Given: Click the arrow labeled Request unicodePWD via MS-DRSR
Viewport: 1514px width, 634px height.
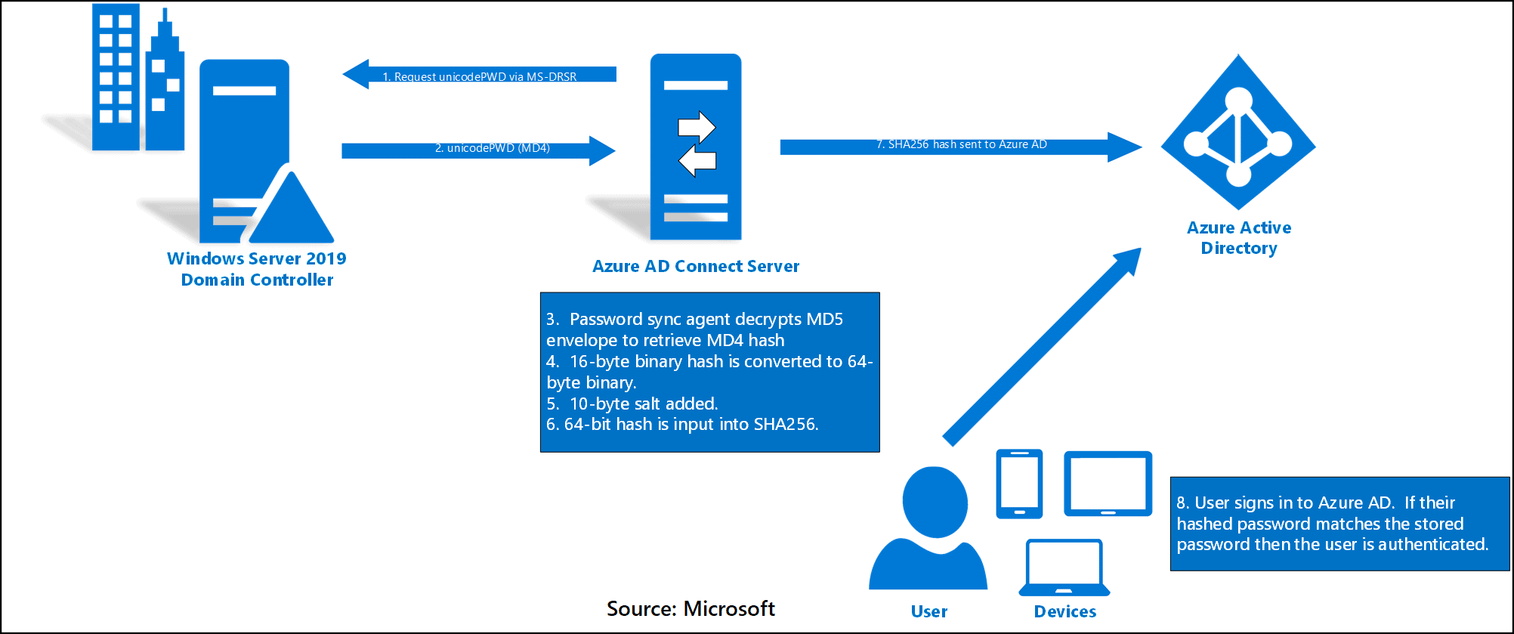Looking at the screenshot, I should coord(479,75).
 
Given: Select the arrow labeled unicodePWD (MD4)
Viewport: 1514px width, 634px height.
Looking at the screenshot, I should coord(479,150).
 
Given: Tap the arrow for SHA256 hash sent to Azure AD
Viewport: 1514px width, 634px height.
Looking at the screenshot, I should coord(959,146).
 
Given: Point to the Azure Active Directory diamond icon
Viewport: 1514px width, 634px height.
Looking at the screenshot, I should coord(1238,133).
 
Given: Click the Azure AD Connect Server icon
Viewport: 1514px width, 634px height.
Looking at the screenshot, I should coord(696,147).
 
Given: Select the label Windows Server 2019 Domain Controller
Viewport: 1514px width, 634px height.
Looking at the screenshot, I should coord(257,269).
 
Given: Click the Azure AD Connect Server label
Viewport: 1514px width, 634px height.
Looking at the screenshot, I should coord(695,266).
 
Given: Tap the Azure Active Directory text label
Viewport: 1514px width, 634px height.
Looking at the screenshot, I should coord(1239,238).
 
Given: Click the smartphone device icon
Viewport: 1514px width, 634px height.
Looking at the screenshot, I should coord(1019,484).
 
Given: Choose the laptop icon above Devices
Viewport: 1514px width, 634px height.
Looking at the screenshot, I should coord(1064,568).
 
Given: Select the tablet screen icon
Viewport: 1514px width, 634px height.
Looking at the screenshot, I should coord(1108,484).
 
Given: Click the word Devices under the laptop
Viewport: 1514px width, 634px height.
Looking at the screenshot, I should coord(1064,611).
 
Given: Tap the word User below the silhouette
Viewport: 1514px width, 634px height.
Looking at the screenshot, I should coord(928,611).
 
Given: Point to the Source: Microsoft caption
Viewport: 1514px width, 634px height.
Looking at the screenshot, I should coord(691,609).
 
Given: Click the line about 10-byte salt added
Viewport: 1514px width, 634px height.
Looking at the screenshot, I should coord(632,404).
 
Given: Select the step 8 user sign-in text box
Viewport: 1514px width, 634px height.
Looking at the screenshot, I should coord(1339,524).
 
